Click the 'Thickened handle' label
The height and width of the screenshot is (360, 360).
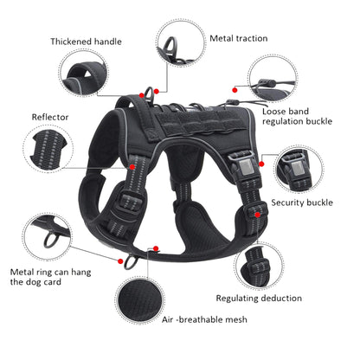[x=86, y=41]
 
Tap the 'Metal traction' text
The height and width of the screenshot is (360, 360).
[x=238, y=38]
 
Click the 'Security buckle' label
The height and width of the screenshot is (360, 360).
[x=301, y=202]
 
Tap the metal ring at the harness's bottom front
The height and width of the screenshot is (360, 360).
[x=132, y=258]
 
